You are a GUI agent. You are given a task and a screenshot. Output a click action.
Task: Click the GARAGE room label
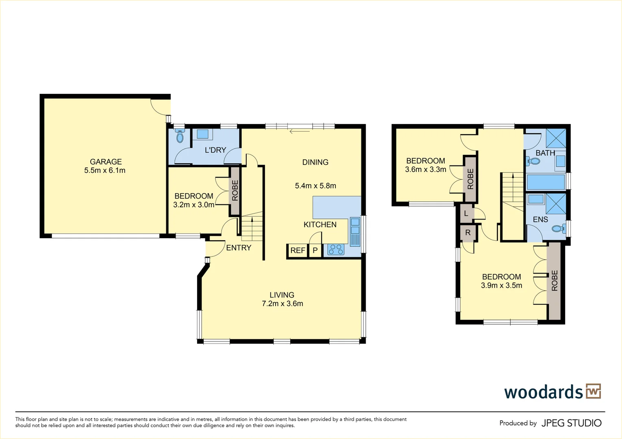click(106, 162)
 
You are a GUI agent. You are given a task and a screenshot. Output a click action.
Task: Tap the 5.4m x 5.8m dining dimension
click(315, 186)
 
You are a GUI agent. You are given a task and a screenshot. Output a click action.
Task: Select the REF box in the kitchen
click(298, 250)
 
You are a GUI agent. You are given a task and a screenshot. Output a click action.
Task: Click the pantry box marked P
click(315, 250)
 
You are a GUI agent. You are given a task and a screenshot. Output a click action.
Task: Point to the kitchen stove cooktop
click(335, 249)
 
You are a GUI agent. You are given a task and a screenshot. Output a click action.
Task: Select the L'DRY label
click(215, 150)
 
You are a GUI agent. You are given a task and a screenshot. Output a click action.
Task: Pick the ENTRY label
click(239, 248)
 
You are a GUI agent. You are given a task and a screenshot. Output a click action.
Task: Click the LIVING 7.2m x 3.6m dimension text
click(283, 304)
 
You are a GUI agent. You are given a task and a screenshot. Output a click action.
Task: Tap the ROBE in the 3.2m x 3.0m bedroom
click(235, 191)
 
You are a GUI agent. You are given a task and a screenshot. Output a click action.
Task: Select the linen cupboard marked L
click(466, 213)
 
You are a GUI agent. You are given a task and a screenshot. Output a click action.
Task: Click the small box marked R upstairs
click(468, 233)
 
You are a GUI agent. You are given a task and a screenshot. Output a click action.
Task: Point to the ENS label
click(540, 219)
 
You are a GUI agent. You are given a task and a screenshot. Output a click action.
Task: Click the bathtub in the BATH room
click(546, 183)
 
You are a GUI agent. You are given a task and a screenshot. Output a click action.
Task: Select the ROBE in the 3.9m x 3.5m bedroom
click(555, 280)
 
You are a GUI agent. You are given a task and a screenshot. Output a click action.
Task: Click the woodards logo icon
click(593, 391)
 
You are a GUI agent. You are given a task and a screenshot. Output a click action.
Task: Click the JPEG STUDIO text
click(571, 423)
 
